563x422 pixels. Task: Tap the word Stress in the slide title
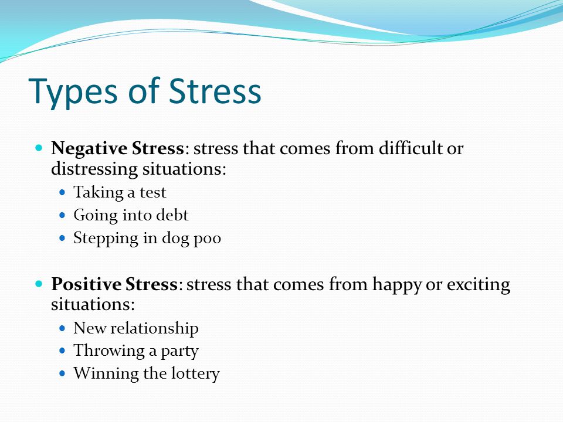[215, 91]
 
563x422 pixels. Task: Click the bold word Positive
[86, 284]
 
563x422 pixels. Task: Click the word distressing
[94, 169]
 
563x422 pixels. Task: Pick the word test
[152, 193]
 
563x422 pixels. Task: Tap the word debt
[174, 215]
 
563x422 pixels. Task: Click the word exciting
[479, 285]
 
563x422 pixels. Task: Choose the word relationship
[154, 328]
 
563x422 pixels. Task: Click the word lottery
[195, 373]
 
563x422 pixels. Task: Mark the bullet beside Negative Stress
[39, 148]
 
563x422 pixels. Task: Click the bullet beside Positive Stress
[39, 284]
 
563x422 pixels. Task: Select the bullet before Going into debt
[63, 215]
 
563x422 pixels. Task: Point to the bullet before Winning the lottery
[63, 373]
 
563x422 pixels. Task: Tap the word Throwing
[108, 351]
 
